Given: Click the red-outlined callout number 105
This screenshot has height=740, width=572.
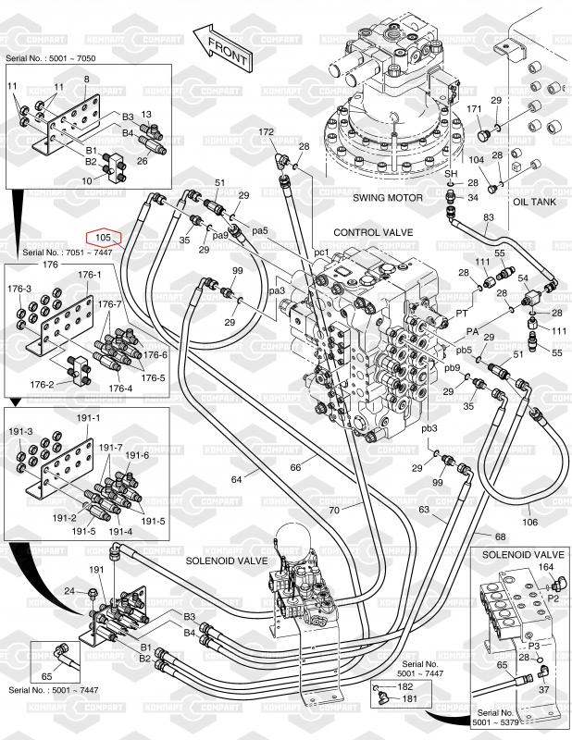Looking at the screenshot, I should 104,238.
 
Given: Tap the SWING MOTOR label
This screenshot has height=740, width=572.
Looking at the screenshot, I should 387,198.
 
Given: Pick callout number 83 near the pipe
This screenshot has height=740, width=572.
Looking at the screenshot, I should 489,217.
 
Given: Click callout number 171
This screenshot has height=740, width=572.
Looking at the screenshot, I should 475,109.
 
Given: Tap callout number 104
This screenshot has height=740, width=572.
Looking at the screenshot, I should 475,159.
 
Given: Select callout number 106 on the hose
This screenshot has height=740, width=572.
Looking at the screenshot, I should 529,522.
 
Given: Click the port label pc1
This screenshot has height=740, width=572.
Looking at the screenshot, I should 321,252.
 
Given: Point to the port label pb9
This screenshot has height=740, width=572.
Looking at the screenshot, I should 452,368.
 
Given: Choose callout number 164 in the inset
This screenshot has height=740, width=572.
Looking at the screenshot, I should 546,566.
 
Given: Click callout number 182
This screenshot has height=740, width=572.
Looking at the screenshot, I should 404,688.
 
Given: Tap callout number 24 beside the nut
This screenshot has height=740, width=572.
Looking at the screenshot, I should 68,590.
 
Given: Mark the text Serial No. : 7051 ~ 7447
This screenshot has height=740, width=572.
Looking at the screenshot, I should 56,252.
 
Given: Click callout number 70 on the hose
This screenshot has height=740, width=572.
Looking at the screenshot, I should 333,510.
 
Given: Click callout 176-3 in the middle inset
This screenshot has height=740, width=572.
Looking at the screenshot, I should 19,290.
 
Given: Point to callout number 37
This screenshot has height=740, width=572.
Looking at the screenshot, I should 544,688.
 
